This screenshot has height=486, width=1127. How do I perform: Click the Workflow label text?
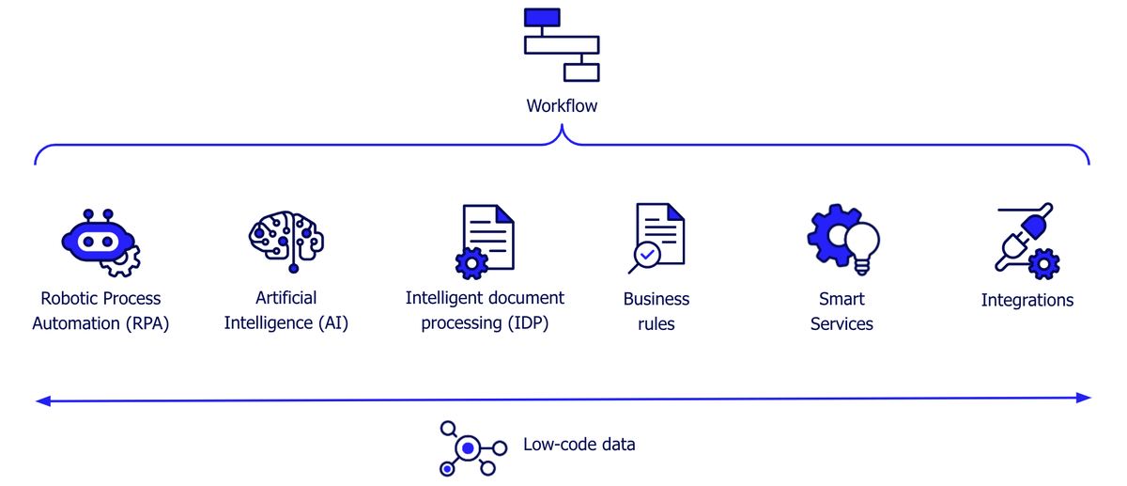click(x=562, y=106)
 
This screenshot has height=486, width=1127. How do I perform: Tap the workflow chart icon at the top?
click(x=562, y=44)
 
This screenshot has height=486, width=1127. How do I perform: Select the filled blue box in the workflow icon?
click(x=542, y=17)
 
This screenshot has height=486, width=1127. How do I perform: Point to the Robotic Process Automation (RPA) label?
click(x=100, y=311)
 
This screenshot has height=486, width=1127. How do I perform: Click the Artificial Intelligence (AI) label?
click(x=286, y=311)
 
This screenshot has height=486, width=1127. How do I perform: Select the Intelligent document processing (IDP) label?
click(x=485, y=311)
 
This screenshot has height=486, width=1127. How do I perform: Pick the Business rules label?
click(x=656, y=311)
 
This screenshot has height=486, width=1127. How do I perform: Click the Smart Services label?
click(x=841, y=311)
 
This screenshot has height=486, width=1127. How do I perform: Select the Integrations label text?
click(x=1027, y=301)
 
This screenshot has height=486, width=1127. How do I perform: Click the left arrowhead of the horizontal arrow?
click(x=41, y=401)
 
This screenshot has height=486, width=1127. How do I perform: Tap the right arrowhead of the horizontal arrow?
click(x=1085, y=399)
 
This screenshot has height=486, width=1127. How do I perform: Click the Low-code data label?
click(x=579, y=444)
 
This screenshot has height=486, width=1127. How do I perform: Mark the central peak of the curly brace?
click(x=563, y=132)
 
